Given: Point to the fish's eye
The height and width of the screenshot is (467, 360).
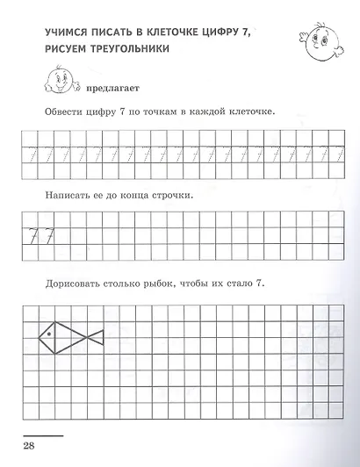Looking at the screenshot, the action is point(51,334).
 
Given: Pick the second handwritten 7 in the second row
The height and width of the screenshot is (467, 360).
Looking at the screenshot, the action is point(54,233).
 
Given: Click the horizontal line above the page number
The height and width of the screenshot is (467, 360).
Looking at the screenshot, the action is point(41,435).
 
